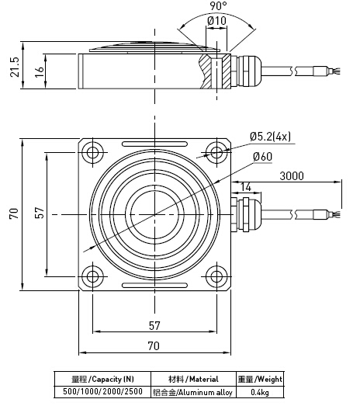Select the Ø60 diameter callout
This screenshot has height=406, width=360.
261,157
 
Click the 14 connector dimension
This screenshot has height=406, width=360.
246,187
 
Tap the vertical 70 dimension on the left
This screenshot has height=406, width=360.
14,213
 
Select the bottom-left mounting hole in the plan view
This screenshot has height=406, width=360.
93,275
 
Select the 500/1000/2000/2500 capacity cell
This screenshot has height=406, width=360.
99,392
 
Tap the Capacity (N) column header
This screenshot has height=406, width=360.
99,379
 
